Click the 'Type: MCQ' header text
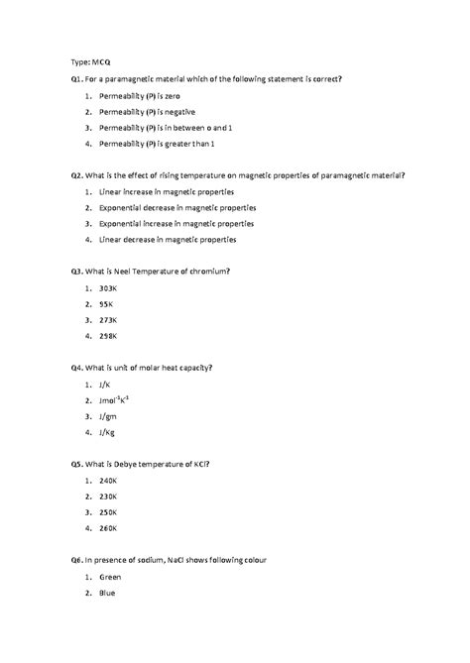click(x=90, y=60)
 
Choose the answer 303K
click(x=109, y=287)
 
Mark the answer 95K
click(x=107, y=303)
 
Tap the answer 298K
click(x=109, y=336)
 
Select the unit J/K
click(x=105, y=384)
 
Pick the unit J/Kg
click(x=107, y=432)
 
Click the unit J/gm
click(x=108, y=416)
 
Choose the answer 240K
click(x=109, y=481)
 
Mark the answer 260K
click(x=109, y=529)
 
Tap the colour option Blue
click(x=107, y=593)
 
